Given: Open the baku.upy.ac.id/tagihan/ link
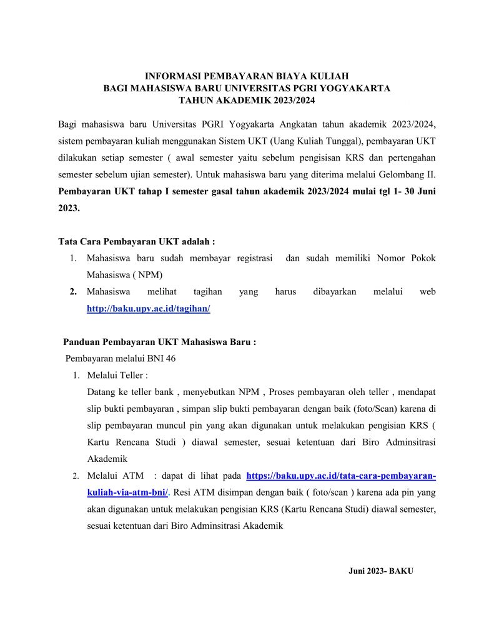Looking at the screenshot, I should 148,309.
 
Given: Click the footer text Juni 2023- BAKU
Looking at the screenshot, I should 381,571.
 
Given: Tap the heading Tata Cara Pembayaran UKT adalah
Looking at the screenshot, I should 137,241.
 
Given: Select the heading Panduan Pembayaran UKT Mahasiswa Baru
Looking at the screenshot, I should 160,342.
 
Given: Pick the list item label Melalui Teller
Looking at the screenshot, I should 117,376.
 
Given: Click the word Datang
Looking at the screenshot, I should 102,392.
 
